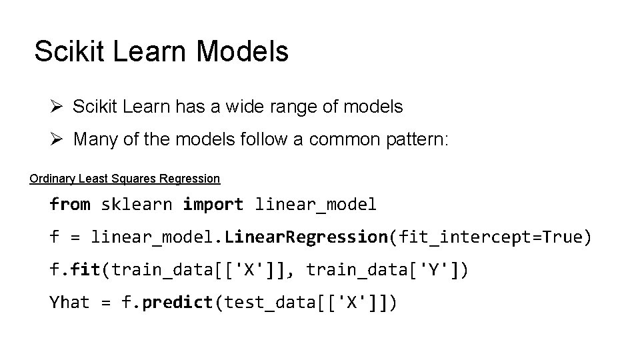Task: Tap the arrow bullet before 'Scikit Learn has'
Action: [57, 106]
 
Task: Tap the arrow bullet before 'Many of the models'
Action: [57, 139]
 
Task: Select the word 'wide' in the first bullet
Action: [245, 106]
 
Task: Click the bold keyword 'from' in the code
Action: [70, 205]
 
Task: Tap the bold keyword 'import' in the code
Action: [213, 205]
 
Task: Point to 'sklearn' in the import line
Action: [136, 205]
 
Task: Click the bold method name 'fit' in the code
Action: [85, 269]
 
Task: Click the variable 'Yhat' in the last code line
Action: [70, 302]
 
